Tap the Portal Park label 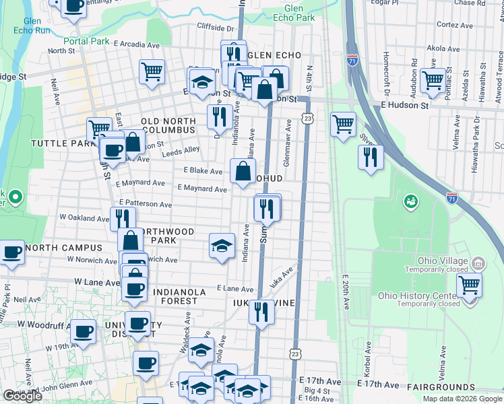(x=88, y=41)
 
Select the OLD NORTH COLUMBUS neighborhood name (x=168, y=126)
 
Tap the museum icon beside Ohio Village (x=478, y=262)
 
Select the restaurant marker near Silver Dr (x=370, y=157)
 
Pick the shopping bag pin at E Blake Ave (x=243, y=171)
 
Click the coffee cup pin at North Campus (x=11, y=252)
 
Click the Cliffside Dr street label (x=215, y=28)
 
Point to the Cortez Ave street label (x=448, y=24)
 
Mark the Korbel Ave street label (x=369, y=358)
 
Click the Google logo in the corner (x=22, y=396)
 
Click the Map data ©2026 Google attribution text (x=462, y=399)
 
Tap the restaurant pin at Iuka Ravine (x=261, y=312)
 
